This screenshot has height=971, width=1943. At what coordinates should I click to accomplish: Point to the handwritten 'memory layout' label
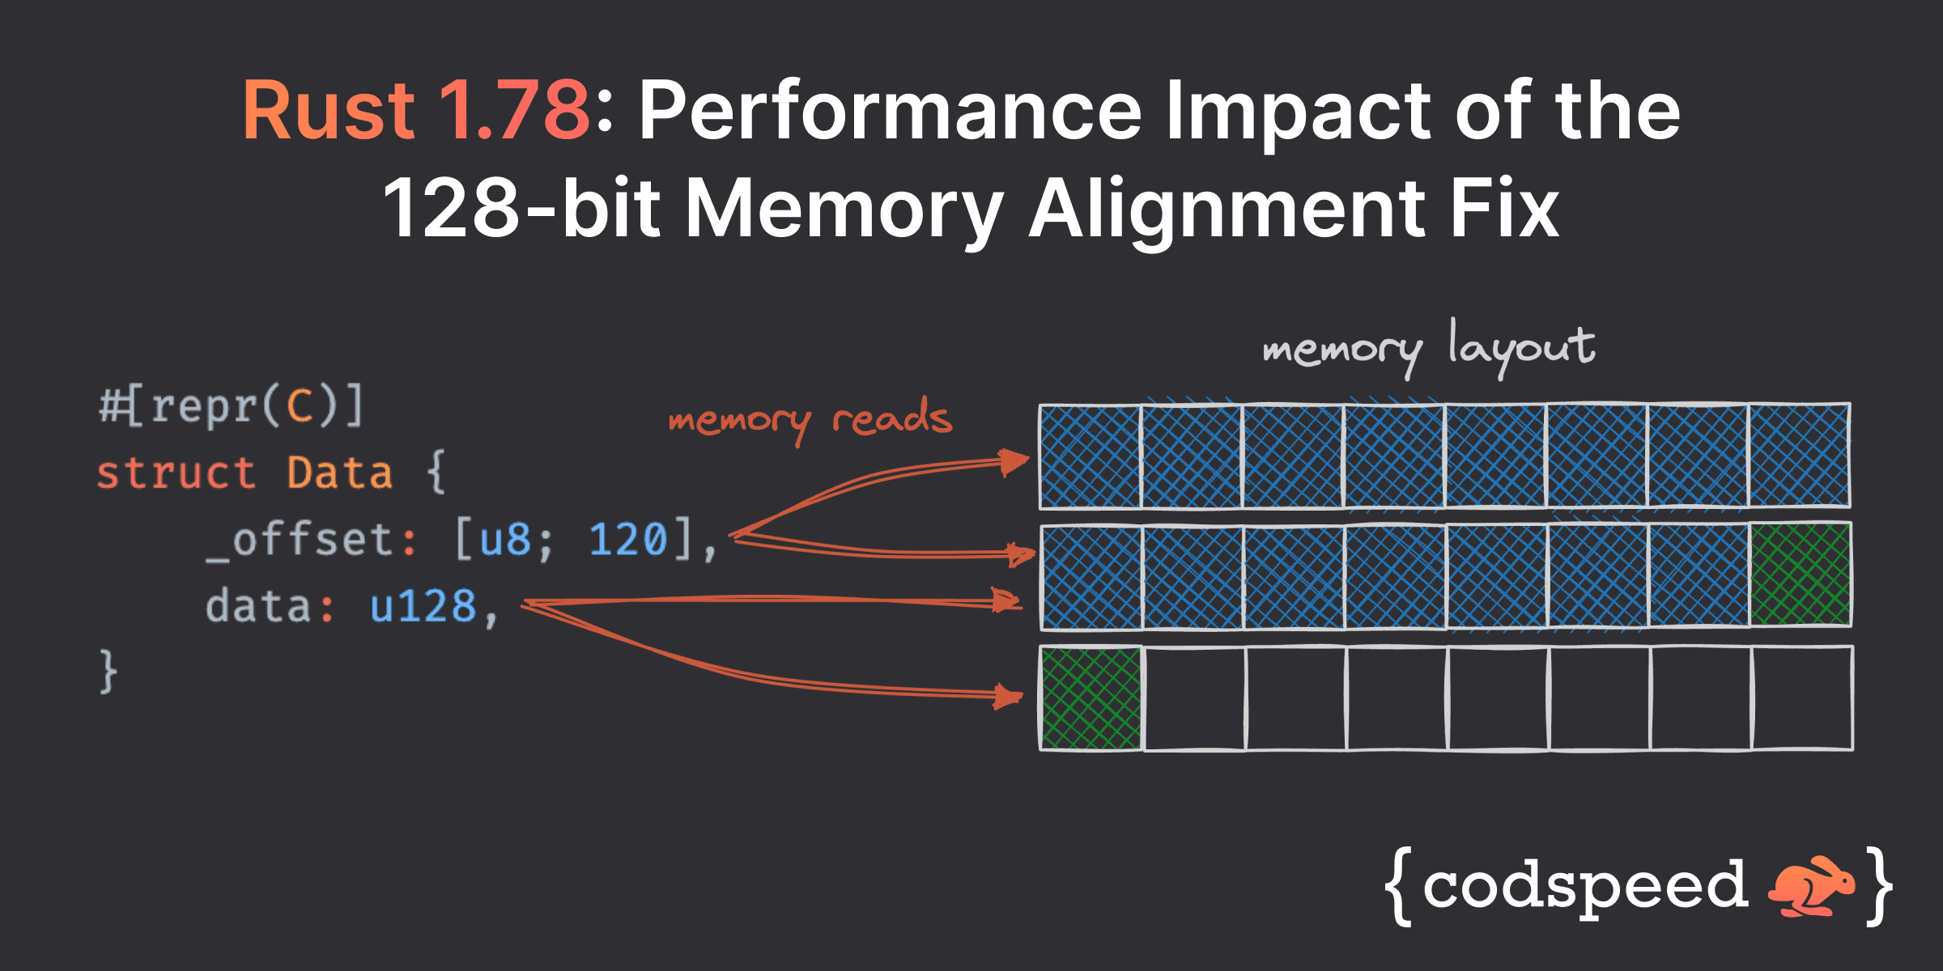tap(1428, 348)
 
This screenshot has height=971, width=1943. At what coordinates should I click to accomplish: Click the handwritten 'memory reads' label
tap(810, 419)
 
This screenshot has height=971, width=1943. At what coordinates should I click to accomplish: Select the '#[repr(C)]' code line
tap(232, 406)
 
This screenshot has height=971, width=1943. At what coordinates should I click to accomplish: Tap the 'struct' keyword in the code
tap(176, 473)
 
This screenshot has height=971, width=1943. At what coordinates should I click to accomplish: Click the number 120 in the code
tap(627, 540)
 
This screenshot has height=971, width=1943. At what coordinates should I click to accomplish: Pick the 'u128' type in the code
tap(423, 606)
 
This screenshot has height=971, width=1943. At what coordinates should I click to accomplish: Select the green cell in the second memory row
tap(1800, 575)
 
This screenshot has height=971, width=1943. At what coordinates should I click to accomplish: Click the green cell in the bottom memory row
tap(1091, 698)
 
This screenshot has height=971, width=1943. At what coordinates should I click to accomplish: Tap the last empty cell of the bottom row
tap(1802, 698)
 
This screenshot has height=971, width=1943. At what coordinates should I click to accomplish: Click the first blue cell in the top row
tap(1091, 456)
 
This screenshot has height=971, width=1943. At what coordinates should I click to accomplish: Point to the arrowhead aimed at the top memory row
tap(1014, 462)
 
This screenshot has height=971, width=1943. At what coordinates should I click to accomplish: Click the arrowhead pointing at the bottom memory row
tap(1009, 696)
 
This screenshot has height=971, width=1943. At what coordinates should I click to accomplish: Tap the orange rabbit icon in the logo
tap(1811, 886)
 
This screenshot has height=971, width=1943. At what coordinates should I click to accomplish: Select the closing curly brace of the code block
tap(108, 671)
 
